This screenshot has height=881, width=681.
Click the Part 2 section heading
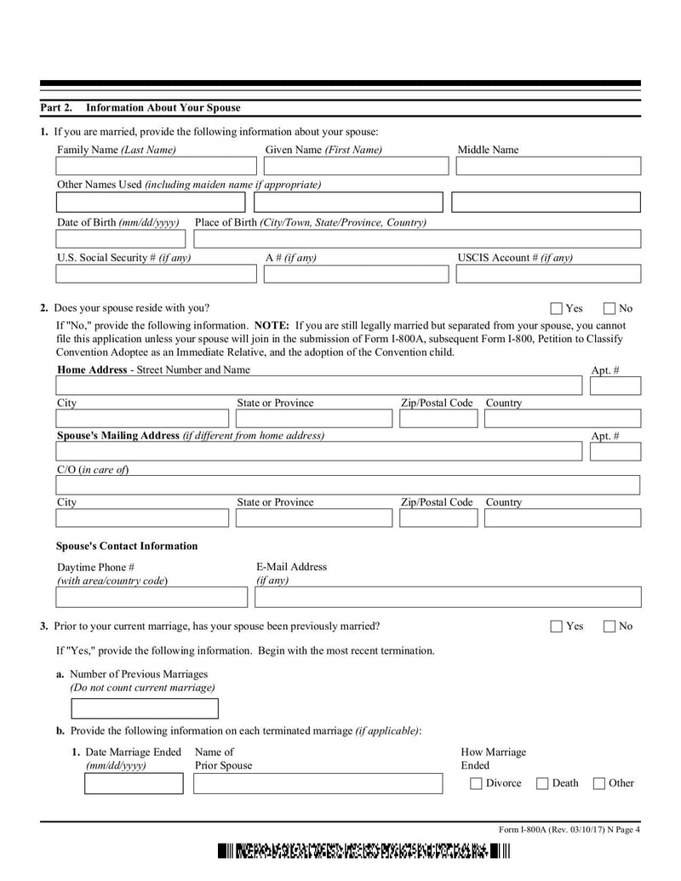(140, 108)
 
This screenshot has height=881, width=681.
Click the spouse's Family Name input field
(155, 166)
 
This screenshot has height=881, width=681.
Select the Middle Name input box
(548, 166)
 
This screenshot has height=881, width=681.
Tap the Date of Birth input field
(119, 239)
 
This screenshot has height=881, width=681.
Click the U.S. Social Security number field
(156, 274)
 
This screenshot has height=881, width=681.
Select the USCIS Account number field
(548, 274)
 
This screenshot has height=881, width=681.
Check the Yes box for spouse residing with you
(557, 309)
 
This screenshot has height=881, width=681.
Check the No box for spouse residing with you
(609, 309)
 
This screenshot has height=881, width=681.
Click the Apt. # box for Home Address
(615, 386)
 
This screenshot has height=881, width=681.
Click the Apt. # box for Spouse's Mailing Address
(615, 452)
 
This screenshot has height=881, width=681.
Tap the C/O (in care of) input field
(348, 485)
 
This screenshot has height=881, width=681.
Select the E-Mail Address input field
(448, 597)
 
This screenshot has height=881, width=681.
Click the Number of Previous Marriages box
(145, 709)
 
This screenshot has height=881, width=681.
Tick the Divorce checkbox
(477, 784)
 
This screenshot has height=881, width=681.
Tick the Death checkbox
(542, 784)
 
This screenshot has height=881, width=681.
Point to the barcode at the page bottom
(363, 851)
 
